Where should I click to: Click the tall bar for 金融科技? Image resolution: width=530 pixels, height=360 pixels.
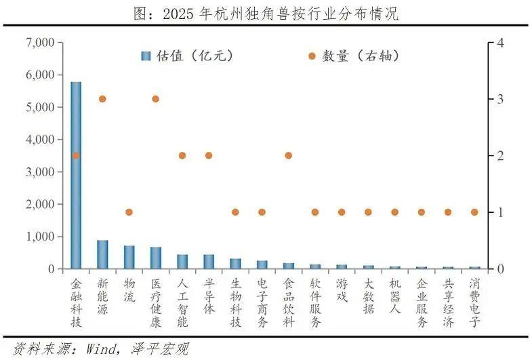tap(76, 175)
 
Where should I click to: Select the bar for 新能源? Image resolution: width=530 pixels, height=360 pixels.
tap(102, 255)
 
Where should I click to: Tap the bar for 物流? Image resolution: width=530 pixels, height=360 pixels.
tap(129, 258)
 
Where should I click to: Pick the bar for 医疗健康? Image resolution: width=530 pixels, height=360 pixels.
tap(155, 258)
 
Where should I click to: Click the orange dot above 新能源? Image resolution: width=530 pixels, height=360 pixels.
tap(102, 99)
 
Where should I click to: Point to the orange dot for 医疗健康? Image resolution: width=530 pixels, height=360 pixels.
tap(155, 99)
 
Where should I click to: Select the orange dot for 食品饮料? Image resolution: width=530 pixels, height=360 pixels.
tap(288, 155)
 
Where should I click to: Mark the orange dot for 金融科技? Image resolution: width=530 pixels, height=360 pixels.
tap(76, 155)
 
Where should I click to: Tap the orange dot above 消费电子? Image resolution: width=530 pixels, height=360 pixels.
tap(474, 212)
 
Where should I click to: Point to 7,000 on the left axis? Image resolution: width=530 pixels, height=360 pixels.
tap(39, 43)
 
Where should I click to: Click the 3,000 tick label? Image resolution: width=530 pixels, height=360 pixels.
tap(39, 172)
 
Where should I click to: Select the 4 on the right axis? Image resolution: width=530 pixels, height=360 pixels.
tap(500, 43)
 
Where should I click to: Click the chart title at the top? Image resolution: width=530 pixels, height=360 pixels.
tap(264, 12)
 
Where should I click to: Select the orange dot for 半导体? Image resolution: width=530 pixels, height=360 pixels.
tap(209, 155)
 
